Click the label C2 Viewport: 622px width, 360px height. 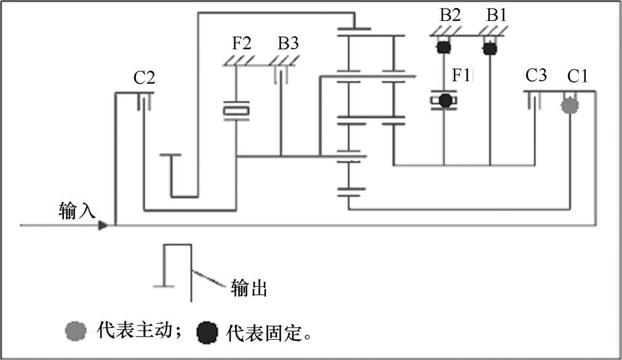coord(145,78)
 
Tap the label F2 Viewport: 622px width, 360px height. coord(242,44)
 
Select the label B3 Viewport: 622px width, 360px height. coord(289,44)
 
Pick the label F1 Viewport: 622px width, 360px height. coord(461,76)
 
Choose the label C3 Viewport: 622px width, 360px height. coord(535,76)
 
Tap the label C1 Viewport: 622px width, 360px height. coord(578,76)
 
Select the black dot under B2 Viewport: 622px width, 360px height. coord(442,47)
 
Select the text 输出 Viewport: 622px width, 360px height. coord(249,287)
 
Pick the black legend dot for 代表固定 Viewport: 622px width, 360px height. coord(207,333)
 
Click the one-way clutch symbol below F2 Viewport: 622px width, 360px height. coord(236,111)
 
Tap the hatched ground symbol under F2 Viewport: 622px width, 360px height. coord(237,60)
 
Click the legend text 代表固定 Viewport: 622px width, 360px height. coord(266,333)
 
